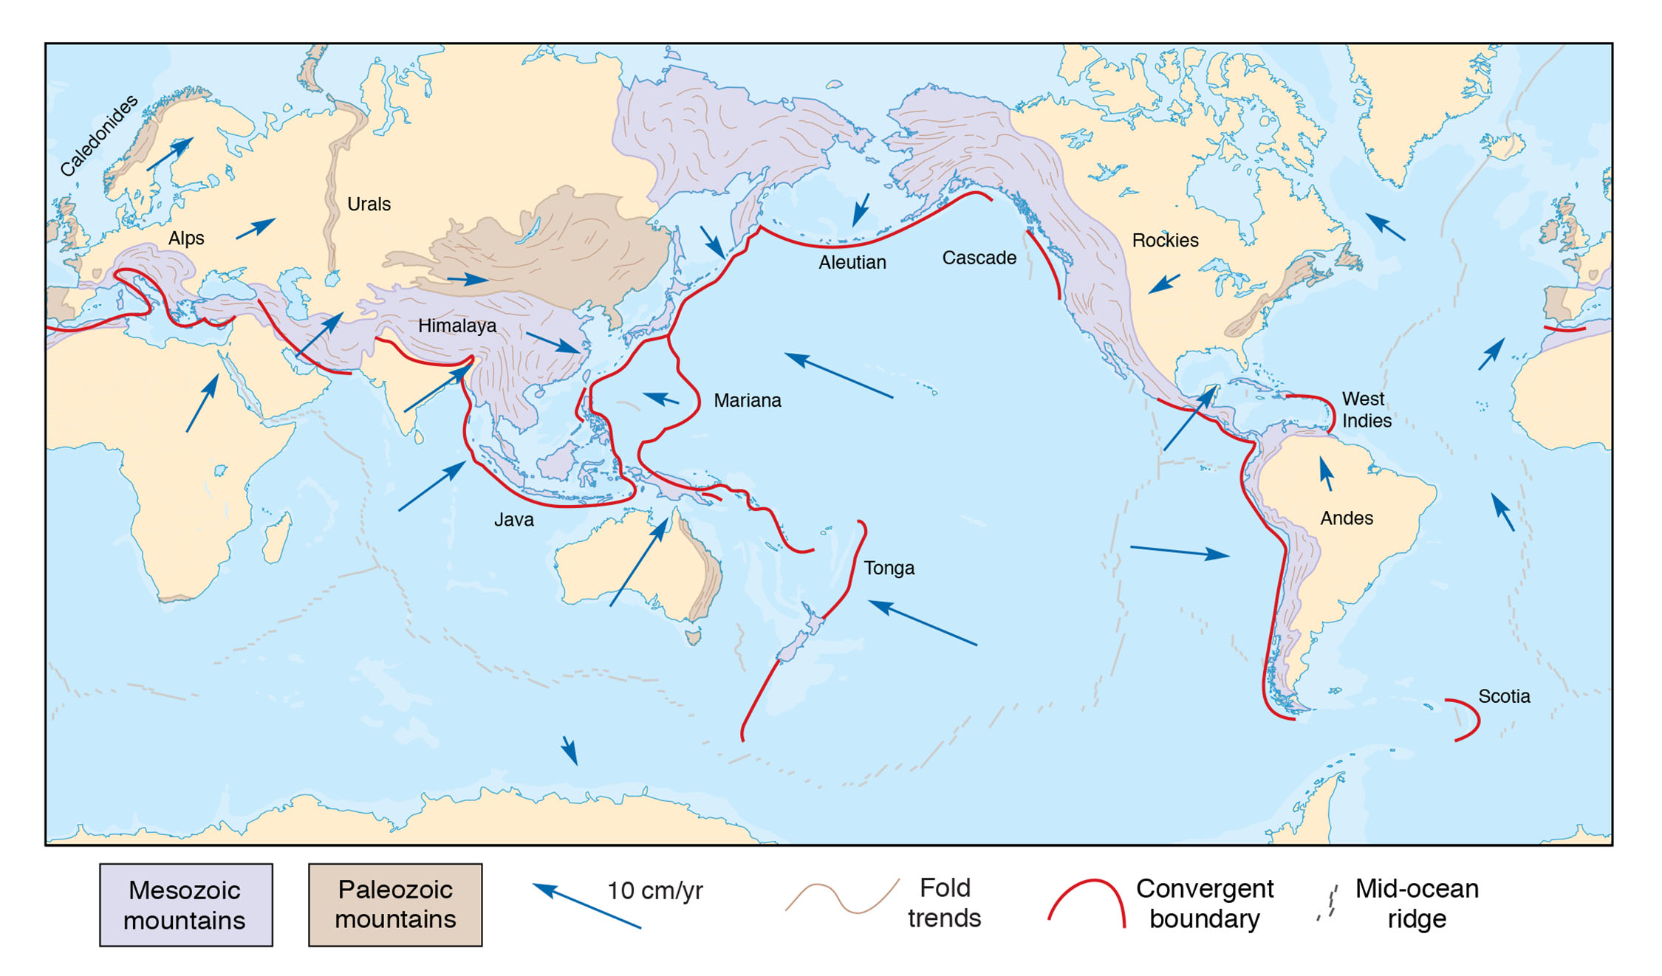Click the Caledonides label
click(99, 136)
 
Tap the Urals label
click(369, 205)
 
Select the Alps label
click(186, 238)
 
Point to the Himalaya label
click(457, 326)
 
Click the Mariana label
click(747, 401)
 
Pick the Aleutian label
click(852, 263)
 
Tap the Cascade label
click(979, 258)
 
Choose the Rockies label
click(1165, 241)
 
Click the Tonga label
click(889, 568)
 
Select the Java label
click(513, 520)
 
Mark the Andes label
click(1346, 519)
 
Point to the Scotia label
click(1504, 697)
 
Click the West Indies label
click(1366, 410)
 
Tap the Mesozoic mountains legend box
click(186, 905)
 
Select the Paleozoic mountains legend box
click(395, 905)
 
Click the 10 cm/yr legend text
click(654, 891)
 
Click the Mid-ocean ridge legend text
click(1416, 904)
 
